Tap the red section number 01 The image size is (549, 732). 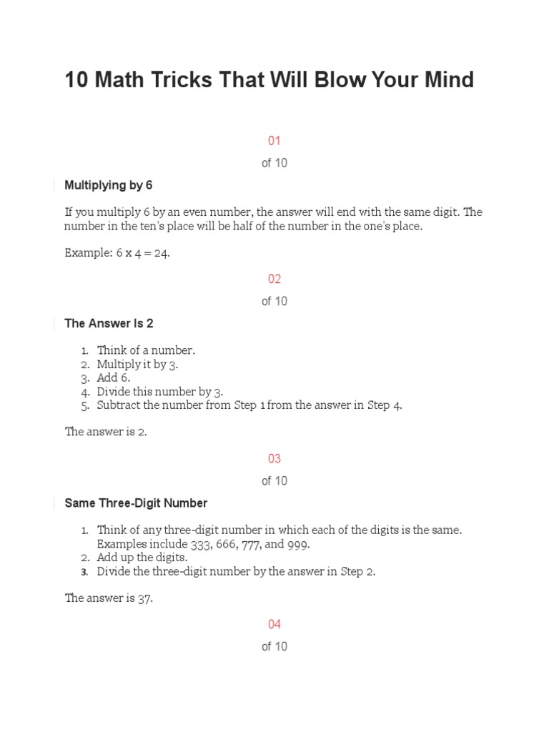[x=274, y=141]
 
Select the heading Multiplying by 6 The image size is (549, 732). [x=109, y=185]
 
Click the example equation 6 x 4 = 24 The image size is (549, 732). [x=143, y=253]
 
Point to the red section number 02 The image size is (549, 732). [x=274, y=279]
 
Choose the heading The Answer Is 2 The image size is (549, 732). [x=109, y=323]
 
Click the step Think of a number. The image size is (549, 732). [x=146, y=350]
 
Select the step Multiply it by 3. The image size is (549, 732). [x=137, y=364]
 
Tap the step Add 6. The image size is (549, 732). [x=114, y=377]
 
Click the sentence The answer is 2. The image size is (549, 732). [x=106, y=432]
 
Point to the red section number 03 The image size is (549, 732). [x=274, y=458]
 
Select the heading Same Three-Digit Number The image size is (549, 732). [x=136, y=503]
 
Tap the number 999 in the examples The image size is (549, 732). [x=298, y=544]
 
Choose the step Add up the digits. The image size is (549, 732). [x=142, y=558]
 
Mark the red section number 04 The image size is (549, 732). [x=274, y=624]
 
